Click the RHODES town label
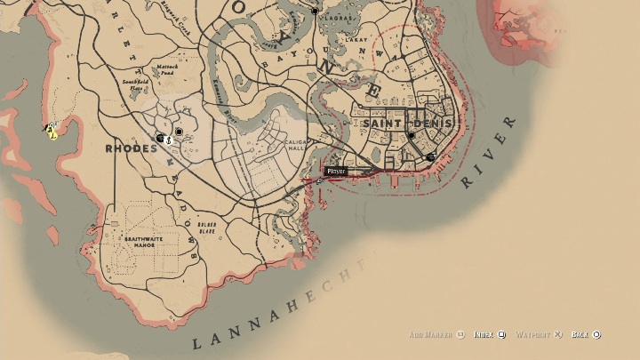[131, 148]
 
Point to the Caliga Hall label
[295, 146]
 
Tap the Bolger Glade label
[206, 227]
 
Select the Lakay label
[356, 39]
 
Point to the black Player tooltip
[336, 171]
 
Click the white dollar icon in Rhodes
[168, 139]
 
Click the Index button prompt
[489, 335]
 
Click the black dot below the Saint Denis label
[411, 136]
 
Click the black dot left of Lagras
[316, 12]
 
